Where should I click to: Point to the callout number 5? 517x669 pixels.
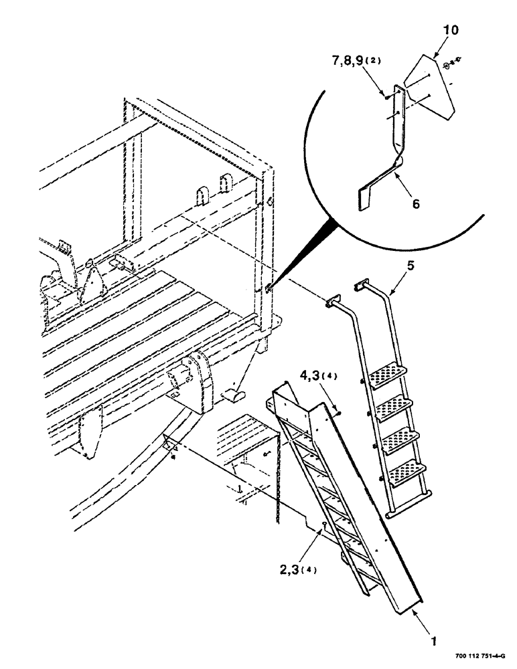tap(410, 266)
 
